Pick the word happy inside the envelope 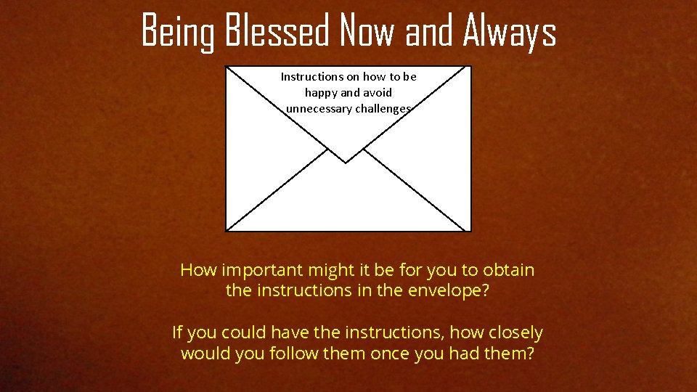(321, 93)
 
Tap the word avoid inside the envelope (377, 93)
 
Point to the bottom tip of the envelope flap (346, 163)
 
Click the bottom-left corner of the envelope (227, 231)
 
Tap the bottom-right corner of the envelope (470, 231)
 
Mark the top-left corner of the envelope (227, 67)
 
